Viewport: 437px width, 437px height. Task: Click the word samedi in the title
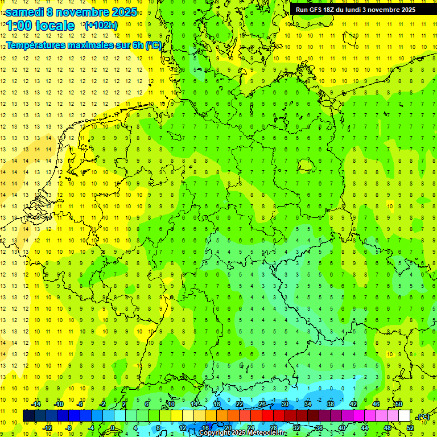(26, 12)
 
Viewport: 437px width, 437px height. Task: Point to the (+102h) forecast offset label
(101, 26)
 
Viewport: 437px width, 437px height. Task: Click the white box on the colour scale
(404, 416)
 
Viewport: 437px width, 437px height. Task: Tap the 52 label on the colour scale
(410, 428)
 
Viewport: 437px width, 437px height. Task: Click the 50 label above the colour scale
(398, 404)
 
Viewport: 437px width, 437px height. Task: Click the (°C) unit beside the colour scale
(423, 417)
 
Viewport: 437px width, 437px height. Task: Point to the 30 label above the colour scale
(285, 404)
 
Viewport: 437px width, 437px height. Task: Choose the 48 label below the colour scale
(387, 428)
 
